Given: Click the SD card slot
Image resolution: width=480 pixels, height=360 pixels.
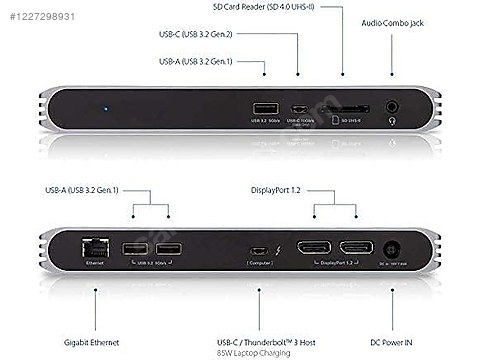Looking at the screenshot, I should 344,108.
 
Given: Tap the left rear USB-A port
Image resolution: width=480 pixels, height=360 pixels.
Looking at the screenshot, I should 133,250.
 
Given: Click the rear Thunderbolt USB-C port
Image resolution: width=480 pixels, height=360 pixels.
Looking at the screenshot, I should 258,250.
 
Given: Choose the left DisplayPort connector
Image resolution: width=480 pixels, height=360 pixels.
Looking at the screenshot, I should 310,249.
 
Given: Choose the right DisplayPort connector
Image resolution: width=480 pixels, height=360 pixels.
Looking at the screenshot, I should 355,249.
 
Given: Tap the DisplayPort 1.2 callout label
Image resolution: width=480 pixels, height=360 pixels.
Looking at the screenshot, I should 277,188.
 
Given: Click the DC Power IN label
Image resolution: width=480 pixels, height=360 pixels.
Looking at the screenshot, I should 399,325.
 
